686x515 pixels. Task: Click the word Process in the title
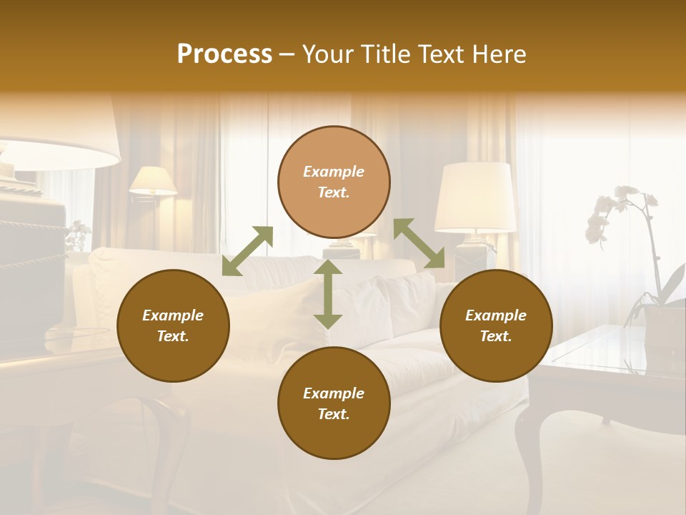coord(224,54)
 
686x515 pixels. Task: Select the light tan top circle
coord(334,182)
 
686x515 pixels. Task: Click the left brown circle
coord(173,325)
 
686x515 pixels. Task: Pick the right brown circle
coord(496,325)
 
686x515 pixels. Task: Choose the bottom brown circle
coord(334,403)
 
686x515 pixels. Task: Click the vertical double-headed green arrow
coord(328,294)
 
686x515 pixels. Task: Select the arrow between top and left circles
coord(247,251)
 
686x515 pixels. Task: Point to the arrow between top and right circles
coord(419,243)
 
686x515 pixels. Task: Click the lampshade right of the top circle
coord(476,197)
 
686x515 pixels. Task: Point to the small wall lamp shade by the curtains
coord(153,180)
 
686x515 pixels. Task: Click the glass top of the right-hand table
coord(607,350)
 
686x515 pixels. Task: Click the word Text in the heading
coord(436,54)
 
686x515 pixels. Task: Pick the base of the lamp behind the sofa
coord(473,250)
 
